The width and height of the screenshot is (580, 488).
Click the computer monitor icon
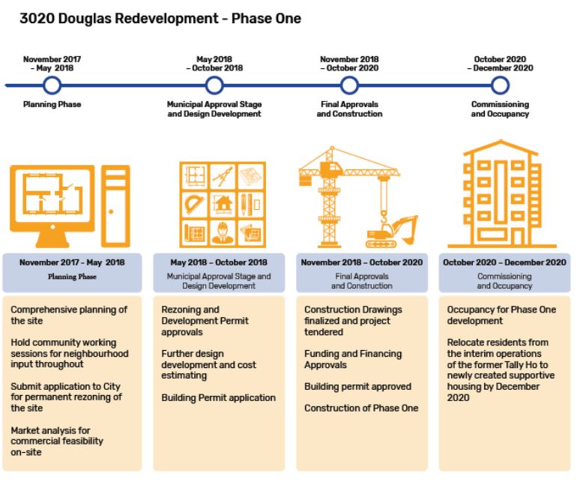(x=52, y=199)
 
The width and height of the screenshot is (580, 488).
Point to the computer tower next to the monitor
(x=115, y=201)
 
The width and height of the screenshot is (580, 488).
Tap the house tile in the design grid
(x=223, y=202)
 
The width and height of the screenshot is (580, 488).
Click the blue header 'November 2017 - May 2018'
(x=72, y=263)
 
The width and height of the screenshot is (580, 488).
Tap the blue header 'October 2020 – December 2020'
(x=504, y=263)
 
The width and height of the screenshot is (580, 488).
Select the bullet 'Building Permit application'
(x=218, y=398)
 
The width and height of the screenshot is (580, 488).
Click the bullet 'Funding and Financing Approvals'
(x=352, y=359)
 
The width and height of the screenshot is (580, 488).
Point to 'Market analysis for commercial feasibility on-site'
(x=58, y=442)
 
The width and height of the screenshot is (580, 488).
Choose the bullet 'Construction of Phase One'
(x=361, y=409)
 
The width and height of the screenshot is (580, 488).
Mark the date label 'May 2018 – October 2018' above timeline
(x=214, y=63)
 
